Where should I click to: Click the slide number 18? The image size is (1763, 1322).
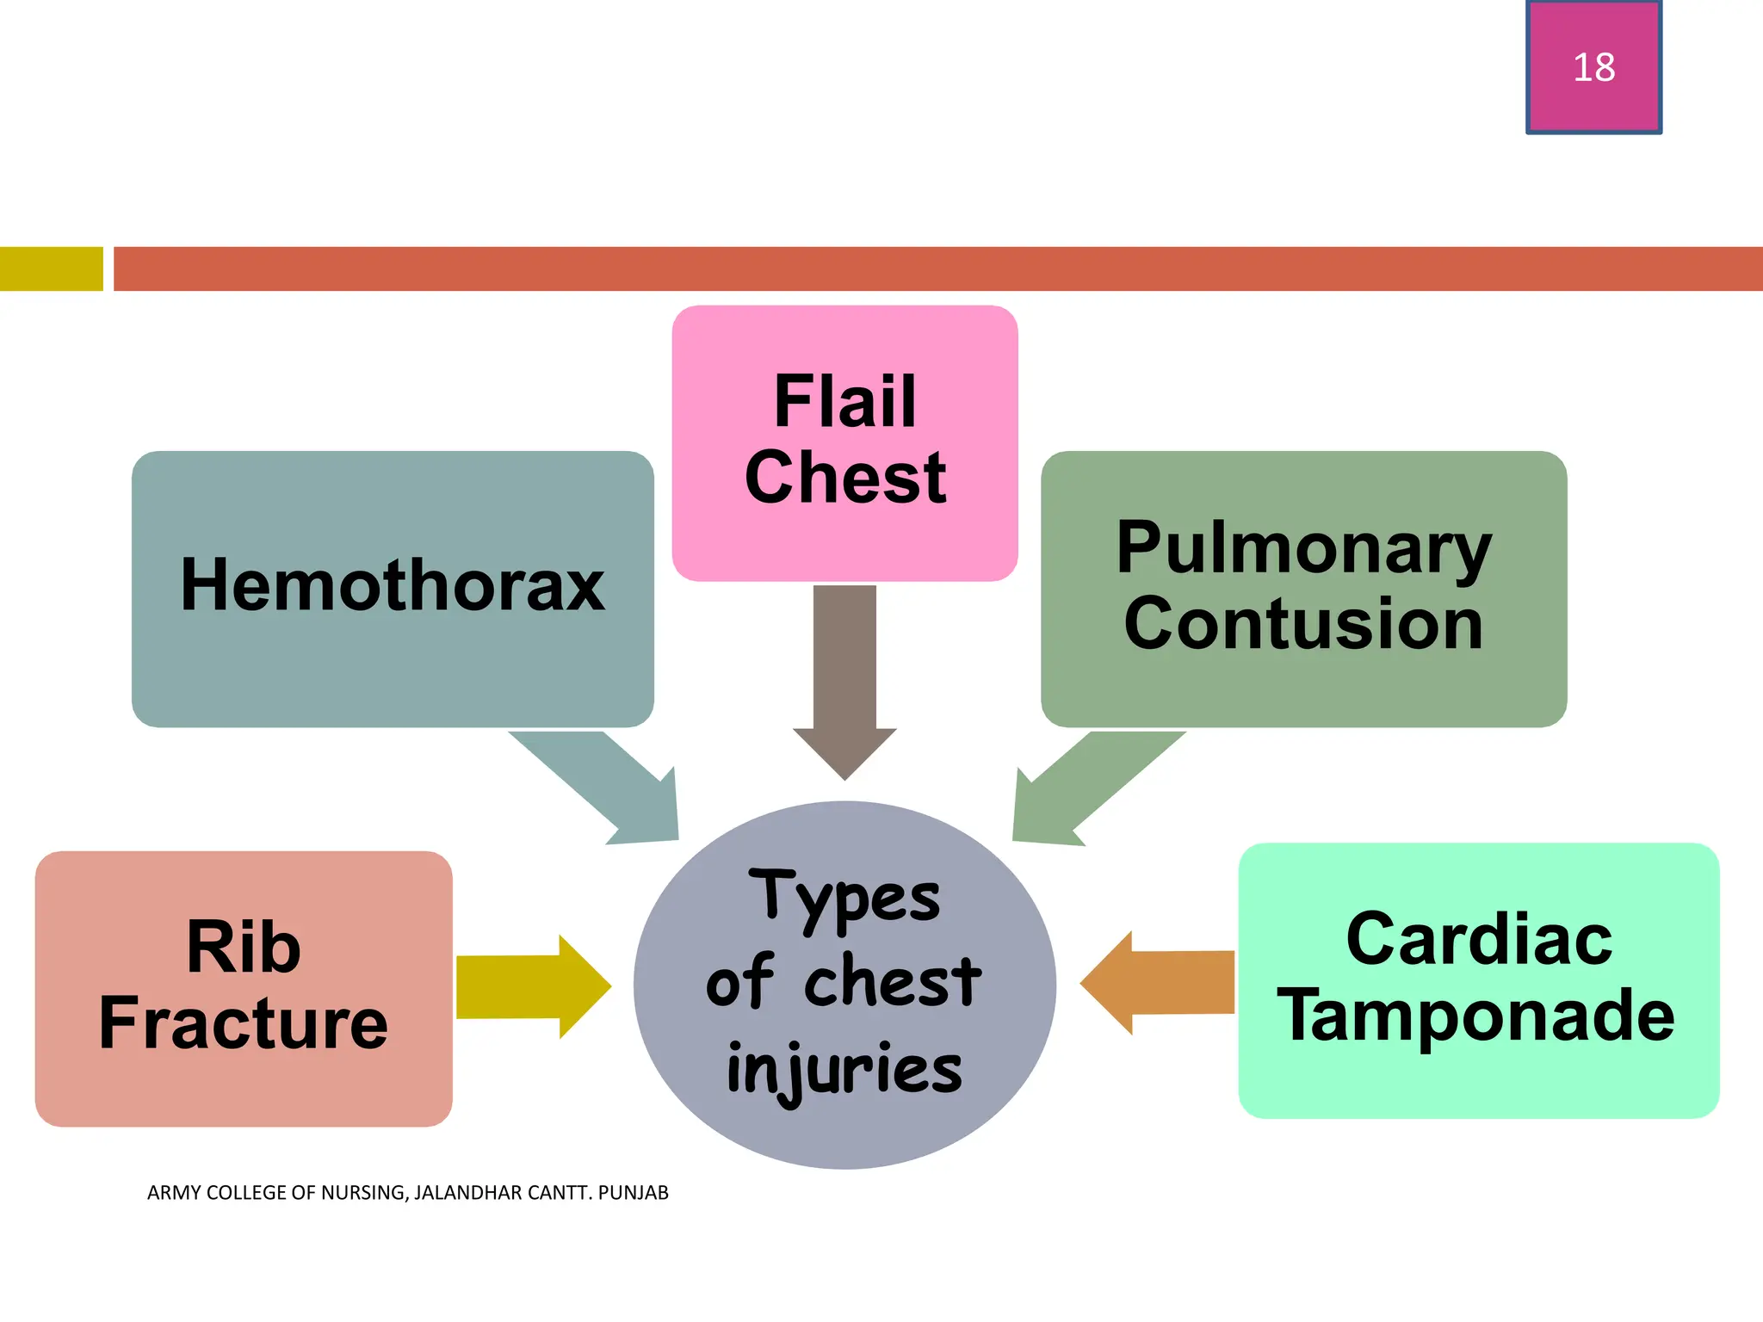click(1593, 67)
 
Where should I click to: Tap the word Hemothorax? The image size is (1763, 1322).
click(393, 585)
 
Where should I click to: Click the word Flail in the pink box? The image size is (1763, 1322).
click(844, 401)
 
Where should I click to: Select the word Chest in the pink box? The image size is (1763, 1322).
click(844, 478)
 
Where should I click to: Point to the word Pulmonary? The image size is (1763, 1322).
click(1303, 548)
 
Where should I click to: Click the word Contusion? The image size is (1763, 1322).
click(1303, 624)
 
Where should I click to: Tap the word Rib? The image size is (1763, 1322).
click(244, 947)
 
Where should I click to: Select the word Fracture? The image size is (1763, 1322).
click(244, 1022)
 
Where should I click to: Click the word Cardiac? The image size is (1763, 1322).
click(1478, 939)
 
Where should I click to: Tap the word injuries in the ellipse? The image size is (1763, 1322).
click(844, 1069)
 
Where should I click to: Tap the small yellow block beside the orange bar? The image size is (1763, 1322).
click(51, 269)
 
